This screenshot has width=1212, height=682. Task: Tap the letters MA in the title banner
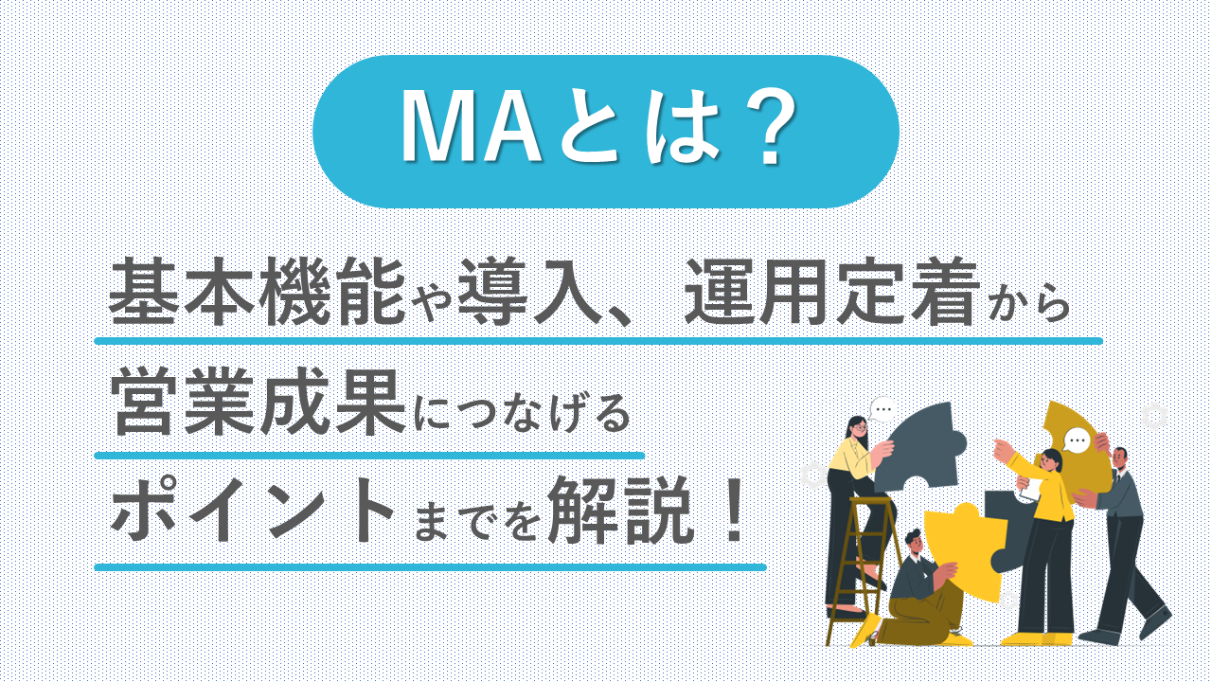click(471, 130)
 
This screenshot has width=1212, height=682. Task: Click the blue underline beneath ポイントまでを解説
click(431, 567)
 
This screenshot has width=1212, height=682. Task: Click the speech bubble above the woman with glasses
click(883, 411)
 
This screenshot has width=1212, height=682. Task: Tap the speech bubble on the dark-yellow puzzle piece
click(1077, 440)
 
